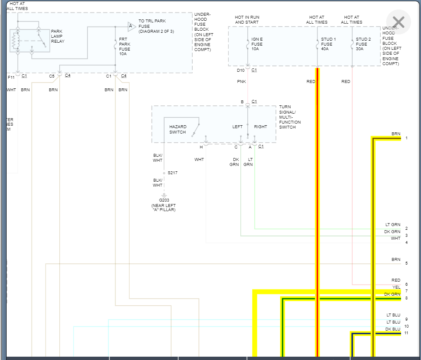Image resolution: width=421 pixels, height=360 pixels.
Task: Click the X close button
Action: tap(398, 22)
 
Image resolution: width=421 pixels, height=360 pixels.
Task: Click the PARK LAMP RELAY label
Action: tap(58, 36)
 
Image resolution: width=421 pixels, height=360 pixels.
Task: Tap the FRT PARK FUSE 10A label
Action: tap(124, 46)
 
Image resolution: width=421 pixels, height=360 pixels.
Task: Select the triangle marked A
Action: tap(131, 27)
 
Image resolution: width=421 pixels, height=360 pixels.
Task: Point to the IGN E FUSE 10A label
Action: tap(257, 44)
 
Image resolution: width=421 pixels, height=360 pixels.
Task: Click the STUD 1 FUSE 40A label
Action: tap(328, 44)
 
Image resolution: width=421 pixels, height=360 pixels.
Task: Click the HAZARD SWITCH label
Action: tap(178, 129)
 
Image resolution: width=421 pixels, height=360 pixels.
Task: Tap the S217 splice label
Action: tap(172, 173)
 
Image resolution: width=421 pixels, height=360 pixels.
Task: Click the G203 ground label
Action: tap(164, 200)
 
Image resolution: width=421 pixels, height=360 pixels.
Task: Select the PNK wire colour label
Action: tap(241, 82)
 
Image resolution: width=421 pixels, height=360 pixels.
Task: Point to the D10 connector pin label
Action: tap(240, 70)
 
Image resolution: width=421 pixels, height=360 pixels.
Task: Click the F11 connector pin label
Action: tap(11, 77)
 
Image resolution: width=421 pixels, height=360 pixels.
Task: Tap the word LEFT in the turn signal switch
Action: tap(237, 127)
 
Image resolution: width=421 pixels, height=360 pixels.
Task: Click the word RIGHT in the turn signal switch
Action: tap(260, 127)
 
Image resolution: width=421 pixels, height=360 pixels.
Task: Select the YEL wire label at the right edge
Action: tap(396, 287)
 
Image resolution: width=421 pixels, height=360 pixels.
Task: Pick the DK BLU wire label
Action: tap(392, 329)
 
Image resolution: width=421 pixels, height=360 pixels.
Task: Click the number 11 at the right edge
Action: tap(406, 333)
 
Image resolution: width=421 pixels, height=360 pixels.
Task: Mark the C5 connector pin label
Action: tap(52, 76)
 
